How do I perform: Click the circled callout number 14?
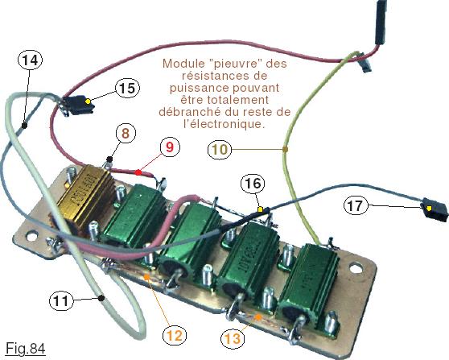pos(30,60)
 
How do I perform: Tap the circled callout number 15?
pos(127,88)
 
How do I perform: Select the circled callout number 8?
pos(126,133)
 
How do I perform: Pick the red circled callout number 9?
pos(170,147)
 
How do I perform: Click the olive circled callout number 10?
pos(220,149)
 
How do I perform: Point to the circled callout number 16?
pos(253,184)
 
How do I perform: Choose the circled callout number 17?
pos(356,205)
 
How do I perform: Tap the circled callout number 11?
pos(61,300)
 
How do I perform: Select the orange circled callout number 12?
pos(175,335)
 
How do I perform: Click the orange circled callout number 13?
pos(233,338)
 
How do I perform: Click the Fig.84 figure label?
pos(26,349)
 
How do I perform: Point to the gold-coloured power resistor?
pos(84,197)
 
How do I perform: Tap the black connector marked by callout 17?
pos(434,210)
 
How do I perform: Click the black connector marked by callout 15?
pos(78,106)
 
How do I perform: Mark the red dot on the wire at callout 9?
pos(138,172)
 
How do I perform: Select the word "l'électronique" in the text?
pos(224,124)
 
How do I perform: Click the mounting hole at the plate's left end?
pos(32,237)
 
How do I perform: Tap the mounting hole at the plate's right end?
pos(356,268)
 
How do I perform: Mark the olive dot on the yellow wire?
pos(285,149)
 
